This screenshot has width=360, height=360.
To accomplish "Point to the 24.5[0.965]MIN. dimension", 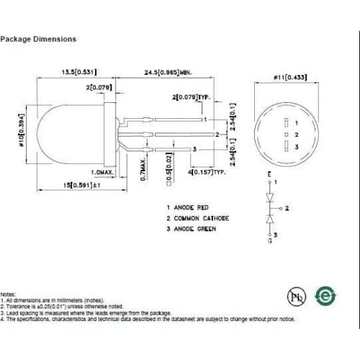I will (x=167, y=72).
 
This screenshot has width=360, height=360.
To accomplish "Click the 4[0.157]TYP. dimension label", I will (x=209, y=173).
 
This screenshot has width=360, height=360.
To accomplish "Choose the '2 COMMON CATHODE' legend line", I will (x=198, y=217).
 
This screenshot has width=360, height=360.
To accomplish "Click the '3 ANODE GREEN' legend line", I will (x=193, y=228).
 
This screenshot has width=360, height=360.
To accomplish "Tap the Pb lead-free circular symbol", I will (x=295, y=297).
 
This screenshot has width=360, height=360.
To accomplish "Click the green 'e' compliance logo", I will (x=326, y=297).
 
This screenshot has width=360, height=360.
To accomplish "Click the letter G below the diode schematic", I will (x=270, y=243).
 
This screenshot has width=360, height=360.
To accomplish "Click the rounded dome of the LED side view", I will (x=54, y=133).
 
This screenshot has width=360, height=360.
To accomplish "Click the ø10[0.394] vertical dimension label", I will (x=21, y=130).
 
